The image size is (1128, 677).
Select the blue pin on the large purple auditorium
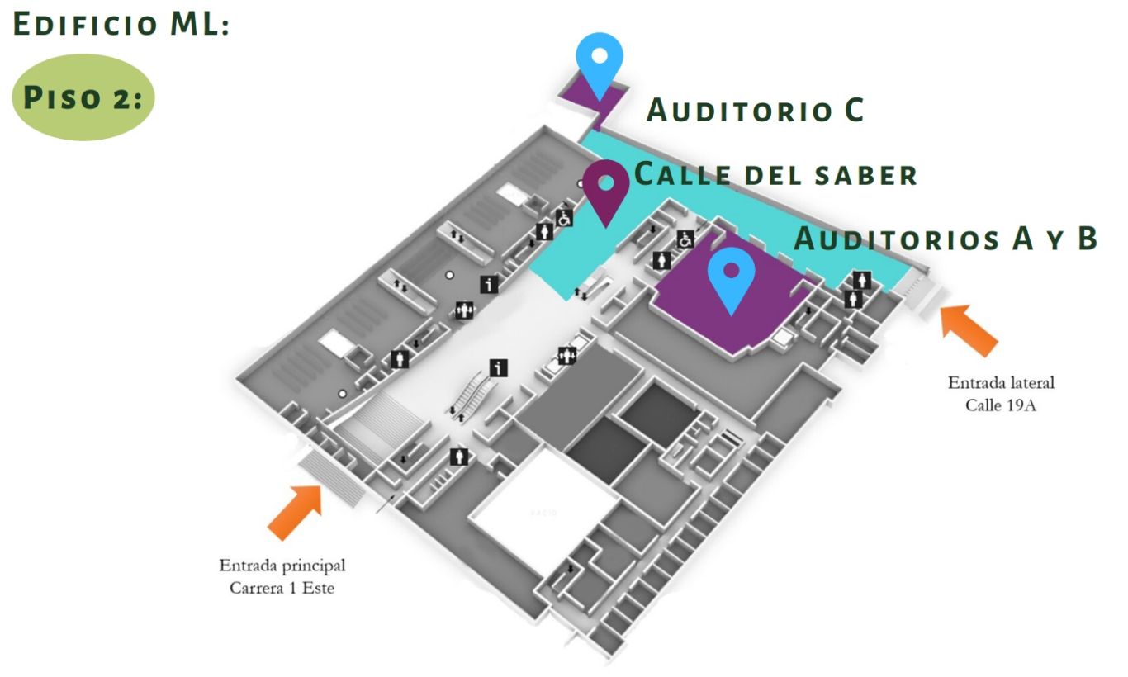click(731, 276)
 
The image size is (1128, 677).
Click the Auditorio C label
click(755, 111)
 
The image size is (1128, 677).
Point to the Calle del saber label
click(775, 175)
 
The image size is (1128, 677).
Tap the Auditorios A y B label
click(946, 239)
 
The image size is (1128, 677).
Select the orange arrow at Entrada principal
click(295, 511)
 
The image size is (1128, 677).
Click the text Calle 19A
click(1000, 405)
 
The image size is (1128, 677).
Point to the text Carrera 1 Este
click(282, 588)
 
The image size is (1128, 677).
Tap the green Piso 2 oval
click(83, 97)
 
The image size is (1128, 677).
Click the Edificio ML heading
click(121, 24)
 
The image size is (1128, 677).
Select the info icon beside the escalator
click(498, 367)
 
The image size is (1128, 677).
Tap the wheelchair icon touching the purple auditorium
click(685, 239)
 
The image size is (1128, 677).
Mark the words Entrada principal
click(282, 566)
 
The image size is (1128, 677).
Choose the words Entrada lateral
click(1000, 383)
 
